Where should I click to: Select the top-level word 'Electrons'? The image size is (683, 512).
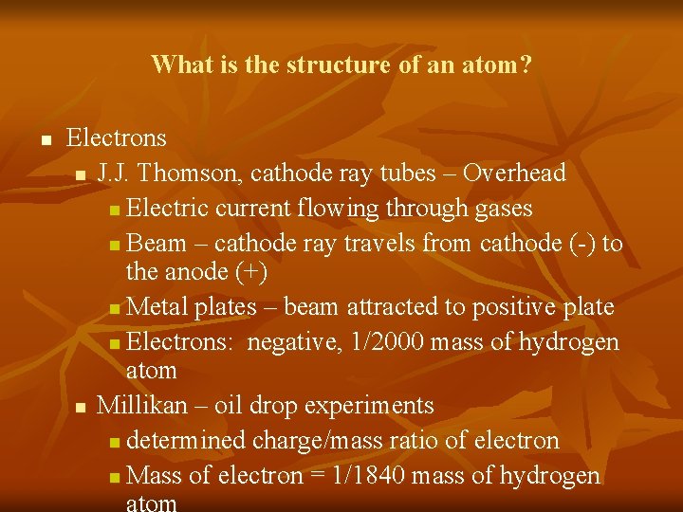point(117,138)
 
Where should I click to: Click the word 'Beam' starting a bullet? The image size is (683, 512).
point(156,244)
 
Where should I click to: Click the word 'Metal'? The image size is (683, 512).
point(157,307)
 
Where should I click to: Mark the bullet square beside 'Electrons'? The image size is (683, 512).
point(45,140)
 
